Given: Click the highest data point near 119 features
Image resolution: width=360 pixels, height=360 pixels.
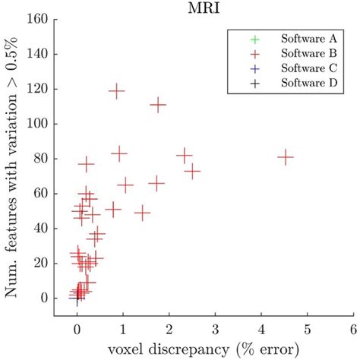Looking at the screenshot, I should click(x=116, y=91).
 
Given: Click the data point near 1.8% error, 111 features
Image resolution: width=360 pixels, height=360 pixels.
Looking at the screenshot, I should click(x=158, y=106).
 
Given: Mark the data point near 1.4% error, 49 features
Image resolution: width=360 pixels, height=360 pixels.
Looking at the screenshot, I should click(x=142, y=213).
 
